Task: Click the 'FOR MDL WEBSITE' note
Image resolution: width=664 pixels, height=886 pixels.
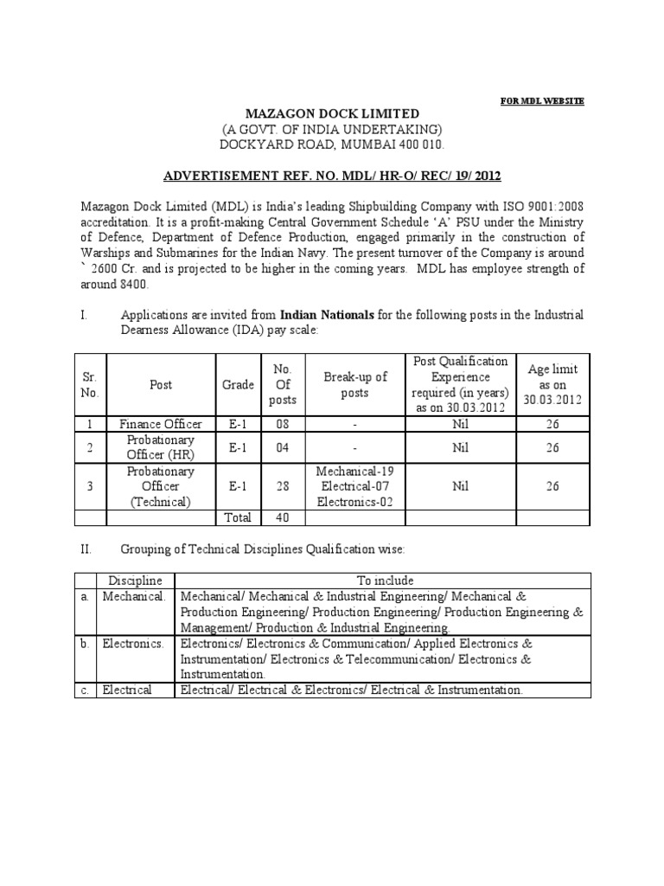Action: [x=543, y=101]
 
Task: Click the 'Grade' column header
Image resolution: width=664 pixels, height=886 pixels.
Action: [x=238, y=385]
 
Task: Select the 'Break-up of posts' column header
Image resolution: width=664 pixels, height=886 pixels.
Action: [x=355, y=385]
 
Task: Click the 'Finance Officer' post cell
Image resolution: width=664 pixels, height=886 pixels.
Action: [x=161, y=424]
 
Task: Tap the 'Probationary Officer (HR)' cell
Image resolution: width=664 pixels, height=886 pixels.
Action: [x=161, y=447]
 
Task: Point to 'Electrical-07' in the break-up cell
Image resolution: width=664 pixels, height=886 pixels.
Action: [x=355, y=486]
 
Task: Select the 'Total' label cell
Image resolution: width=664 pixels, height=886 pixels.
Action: [x=238, y=517]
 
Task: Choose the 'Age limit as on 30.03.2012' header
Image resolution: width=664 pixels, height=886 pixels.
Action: [x=552, y=385]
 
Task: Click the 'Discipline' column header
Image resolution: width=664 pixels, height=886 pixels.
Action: [x=136, y=580]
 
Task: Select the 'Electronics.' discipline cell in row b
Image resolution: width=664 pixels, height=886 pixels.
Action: [x=132, y=644]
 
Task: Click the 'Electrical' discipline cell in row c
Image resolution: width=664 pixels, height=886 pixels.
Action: [x=127, y=690]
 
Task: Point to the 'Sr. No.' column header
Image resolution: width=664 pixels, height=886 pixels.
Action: [x=90, y=385]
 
